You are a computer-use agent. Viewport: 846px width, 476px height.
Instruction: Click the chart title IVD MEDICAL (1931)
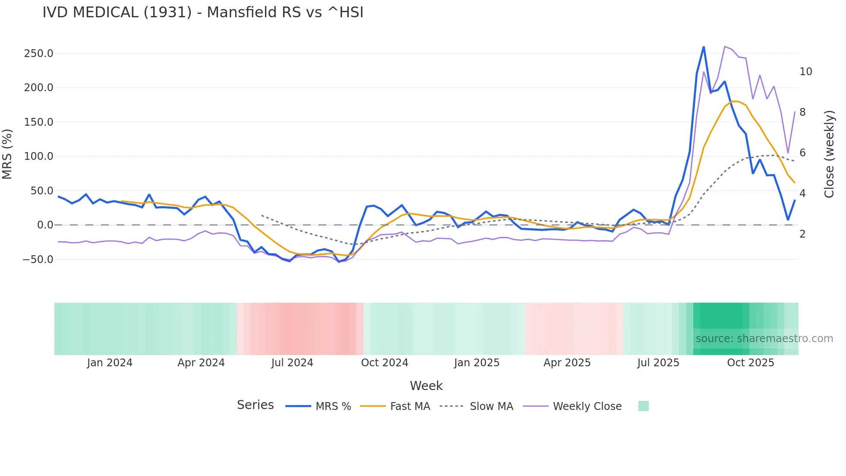(x=203, y=13)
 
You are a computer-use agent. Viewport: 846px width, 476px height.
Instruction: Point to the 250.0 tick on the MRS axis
(x=38, y=54)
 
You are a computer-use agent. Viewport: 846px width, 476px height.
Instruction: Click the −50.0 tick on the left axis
(x=38, y=260)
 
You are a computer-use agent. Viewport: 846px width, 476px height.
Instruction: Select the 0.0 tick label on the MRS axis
(x=45, y=225)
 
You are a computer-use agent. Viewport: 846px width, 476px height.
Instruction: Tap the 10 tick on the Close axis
(x=805, y=72)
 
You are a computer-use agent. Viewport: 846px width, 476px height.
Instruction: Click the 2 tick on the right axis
(x=802, y=234)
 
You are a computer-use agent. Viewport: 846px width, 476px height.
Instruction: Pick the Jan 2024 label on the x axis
(x=110, y=363)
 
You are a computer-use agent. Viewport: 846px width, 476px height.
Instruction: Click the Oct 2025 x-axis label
(x=751, y=363)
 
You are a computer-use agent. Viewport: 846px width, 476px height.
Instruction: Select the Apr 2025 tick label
(x=567, y=363)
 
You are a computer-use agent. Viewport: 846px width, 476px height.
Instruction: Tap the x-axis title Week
(x=426, y=386)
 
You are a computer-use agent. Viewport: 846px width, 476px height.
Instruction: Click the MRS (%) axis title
(x=7, y=154)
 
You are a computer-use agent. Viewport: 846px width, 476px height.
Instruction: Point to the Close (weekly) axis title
(x=829, y=154)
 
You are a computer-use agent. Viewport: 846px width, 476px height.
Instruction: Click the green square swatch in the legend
(x=643, y=406)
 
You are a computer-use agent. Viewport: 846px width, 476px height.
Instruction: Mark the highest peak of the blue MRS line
(x=704, y=47)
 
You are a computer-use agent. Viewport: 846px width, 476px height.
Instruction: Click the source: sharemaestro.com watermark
(x=764, y=339)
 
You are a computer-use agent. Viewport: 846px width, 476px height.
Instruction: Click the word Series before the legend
(x=255, y=405)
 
